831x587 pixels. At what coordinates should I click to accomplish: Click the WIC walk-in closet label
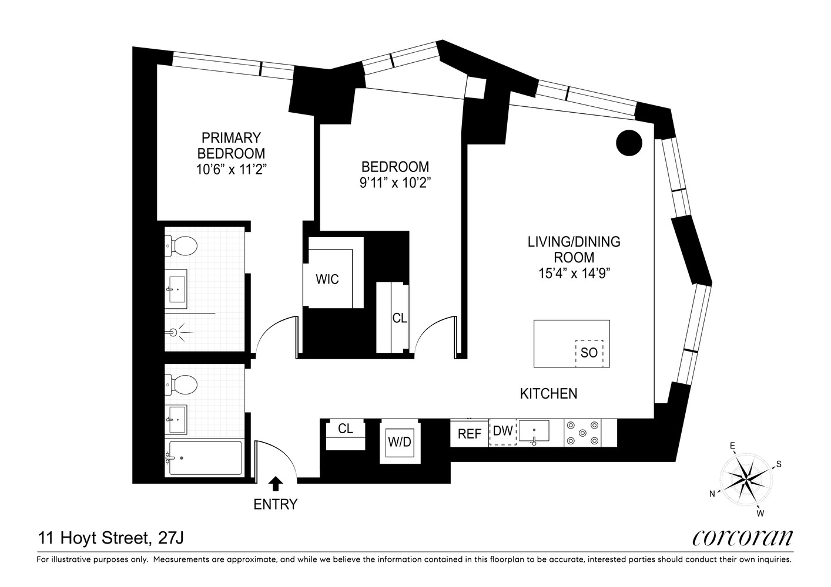tap(327, 279)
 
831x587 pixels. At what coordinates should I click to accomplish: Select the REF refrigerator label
tap(470, 434)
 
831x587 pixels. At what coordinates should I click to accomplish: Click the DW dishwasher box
tap(503, 432)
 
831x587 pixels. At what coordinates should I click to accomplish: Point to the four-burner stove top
tap(582, 433)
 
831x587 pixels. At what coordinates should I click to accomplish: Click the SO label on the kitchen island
tap(589, 353)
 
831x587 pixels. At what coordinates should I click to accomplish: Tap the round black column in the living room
tap(629, 143)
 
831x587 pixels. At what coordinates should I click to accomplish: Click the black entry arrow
tap(275, 484)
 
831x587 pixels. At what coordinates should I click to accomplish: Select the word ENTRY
tap(275, 504)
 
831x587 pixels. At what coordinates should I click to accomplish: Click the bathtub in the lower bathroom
tap(205, 457)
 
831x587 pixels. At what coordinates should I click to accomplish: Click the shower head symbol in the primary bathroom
tap(174, 333)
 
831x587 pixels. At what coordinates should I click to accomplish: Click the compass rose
tap(746, 479)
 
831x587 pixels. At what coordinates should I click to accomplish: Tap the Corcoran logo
tap(742, 537)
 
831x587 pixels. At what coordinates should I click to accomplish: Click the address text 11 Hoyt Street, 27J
tap(113, 537)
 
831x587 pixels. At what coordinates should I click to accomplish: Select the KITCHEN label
tap(548, 393)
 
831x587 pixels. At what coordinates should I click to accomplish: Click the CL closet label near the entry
tap(346, 429)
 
